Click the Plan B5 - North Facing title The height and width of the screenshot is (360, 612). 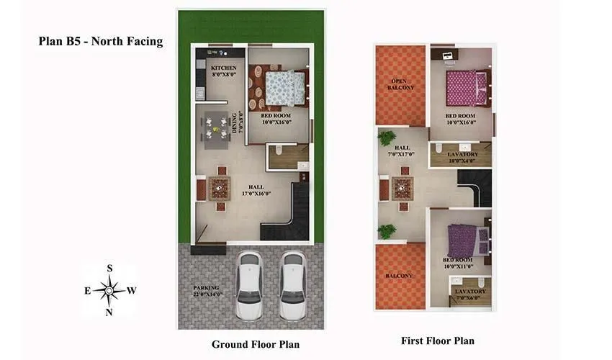100,41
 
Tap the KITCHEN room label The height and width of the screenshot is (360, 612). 223,71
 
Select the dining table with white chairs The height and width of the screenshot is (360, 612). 214,128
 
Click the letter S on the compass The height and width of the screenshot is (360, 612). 109,268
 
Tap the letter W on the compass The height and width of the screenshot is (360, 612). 132,291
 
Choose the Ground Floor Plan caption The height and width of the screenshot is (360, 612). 255,344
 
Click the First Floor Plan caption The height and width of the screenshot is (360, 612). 437,341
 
